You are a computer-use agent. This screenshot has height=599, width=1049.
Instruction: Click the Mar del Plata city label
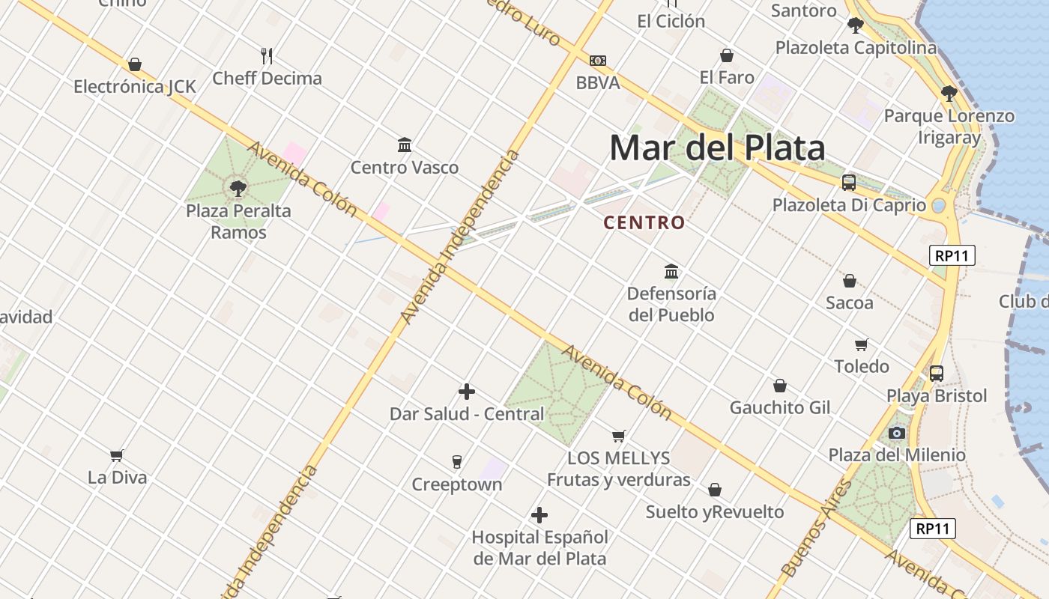click(717, 148)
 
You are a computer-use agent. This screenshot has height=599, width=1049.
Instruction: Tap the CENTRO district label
click(644, 222)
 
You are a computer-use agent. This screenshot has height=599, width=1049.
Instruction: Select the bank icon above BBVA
click(597, 60)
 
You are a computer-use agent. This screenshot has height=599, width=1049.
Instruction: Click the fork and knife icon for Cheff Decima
click(267, 55)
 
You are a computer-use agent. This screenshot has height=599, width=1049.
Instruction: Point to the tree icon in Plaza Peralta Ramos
click(238, 188)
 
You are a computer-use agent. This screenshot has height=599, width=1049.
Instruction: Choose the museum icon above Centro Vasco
click(405, 144)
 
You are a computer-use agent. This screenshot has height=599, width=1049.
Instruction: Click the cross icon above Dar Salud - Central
click(467, 392)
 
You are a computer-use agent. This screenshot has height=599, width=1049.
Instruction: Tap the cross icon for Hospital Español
click(539, 515)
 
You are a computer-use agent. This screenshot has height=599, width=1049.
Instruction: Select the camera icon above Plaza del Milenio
click(896, 433)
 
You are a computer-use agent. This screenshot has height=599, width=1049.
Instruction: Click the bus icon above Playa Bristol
click(937, 373)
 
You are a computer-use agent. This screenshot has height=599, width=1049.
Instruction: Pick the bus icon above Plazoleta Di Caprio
click(849, 182)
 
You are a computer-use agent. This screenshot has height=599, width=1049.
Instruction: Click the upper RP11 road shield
click(952, 255)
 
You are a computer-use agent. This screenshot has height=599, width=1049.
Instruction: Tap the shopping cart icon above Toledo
click(862, 344)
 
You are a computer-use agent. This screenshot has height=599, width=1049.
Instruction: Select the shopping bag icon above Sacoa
click(849, 281)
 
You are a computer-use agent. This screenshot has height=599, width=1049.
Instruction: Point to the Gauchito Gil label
click(780, 407)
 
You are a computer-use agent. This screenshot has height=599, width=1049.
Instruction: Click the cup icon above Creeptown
click(456, 461)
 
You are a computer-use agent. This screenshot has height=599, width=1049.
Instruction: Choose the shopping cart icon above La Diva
click(117, 454)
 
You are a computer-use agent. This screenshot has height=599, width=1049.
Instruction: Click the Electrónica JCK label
click(135, 87)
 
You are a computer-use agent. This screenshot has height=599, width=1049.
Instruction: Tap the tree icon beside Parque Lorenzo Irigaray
click(949, 94)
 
